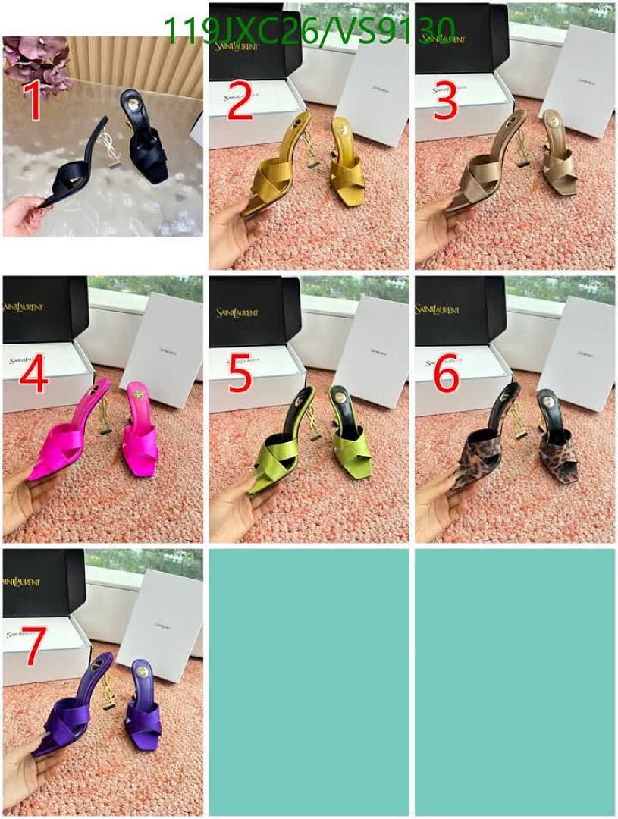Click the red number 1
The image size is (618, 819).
(x=33, y=102)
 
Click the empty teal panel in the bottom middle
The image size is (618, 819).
(x=309, y=682)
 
